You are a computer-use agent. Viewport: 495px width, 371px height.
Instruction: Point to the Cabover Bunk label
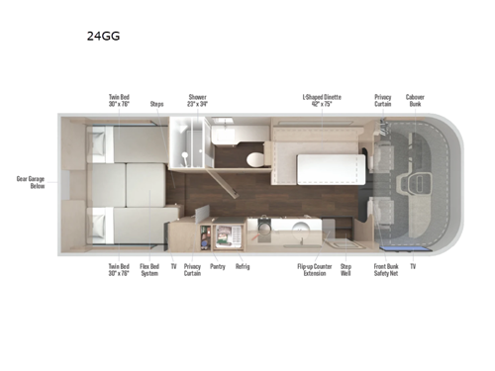(x=416, y=99)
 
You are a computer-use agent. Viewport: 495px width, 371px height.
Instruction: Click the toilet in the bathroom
(x=253, y=158)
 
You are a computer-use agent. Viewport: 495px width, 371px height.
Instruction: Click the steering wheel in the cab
(x=417, y=184)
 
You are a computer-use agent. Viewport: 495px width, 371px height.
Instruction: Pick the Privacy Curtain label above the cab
(x=383, y=99)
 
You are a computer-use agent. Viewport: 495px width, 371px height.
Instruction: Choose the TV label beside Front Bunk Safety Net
(x=412, y=266)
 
